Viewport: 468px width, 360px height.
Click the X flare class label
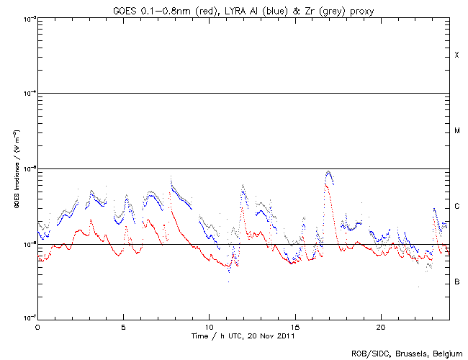pyautogui.click(x=456, y=55)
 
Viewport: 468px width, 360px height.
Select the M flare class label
pyautogui.click(x=456, y=131)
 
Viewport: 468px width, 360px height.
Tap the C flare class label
pyautogui.click(x=456, y=207)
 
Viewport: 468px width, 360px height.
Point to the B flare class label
pyautogui.click(x=456, y=282)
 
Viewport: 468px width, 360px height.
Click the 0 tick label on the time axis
pyautogui.click(x=37, y=326)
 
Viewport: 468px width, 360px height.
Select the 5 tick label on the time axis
pyautogui.click(x=123, y=326)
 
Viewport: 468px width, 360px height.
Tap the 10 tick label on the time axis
pyautogui.click(x=209, y=326)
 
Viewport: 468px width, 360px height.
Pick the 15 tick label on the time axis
pyautogui.click(x=294, y=326)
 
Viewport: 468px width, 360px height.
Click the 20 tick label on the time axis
pyautogui.click(x=380, y=326)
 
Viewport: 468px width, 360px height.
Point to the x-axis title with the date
pyautogui.click(x=243, y=336)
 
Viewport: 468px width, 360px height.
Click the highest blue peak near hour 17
pyautogui.click(x=328, y=172)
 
